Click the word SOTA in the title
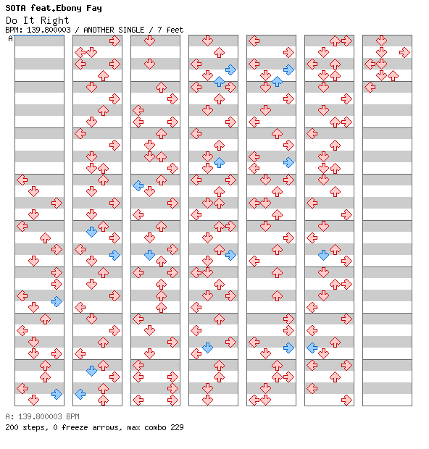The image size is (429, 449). (15, 8)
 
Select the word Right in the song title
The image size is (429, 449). (54, 20)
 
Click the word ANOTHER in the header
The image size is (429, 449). (99, 30)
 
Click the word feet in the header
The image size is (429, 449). (175, 30)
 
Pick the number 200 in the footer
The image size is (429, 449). (12, 427)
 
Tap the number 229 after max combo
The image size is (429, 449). (177, 427)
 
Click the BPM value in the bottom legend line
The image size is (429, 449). (49, 416)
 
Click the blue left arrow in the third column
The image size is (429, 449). (138, 186)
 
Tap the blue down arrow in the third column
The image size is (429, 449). (149, 255)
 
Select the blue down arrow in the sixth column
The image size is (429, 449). (323, 255)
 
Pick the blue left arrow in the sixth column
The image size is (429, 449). (312, 348)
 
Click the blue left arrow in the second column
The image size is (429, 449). (80, 394)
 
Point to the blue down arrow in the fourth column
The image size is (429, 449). (207, 348)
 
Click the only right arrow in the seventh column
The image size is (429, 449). (404, 52)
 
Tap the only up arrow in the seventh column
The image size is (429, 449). (393, 76)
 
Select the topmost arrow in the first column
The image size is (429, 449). (22, 180)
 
